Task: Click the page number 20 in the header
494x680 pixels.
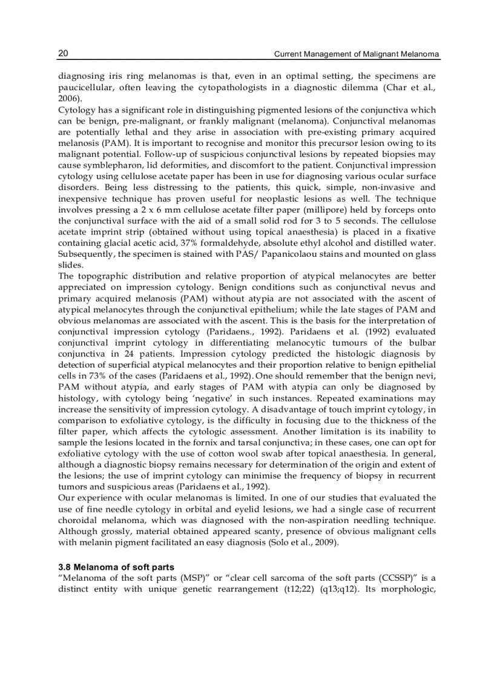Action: [63, 54]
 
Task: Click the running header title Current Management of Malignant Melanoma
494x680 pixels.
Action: [357, 54]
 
